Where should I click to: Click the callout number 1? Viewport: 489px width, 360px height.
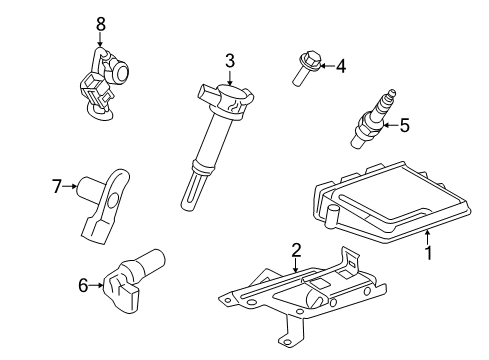(x=429, y=253)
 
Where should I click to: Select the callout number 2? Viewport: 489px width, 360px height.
(x=296, y=250)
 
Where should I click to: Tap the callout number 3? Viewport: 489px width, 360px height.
(x=230, y=61)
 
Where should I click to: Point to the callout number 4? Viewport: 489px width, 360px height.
(x=341, y=66)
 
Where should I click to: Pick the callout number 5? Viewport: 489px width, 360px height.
(x=404, y=126)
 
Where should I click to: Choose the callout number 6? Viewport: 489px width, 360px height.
(x=83, y=285)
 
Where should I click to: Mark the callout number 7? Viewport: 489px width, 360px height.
(x=57, y=186)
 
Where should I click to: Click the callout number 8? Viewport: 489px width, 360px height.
(x=100, y=24)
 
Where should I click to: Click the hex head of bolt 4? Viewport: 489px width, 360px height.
(x=311, y=58)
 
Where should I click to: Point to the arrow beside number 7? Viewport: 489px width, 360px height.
(x=70, y=186)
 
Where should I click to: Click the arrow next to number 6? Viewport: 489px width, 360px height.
(x=97, y=285)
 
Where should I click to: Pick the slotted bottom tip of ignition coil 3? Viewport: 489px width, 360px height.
(x=191, y=191)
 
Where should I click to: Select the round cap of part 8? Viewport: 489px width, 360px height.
(x=121, y=71)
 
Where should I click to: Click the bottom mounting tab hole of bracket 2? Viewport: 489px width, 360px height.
(x=285, y=340)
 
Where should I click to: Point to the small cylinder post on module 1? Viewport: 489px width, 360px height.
(x=332, y=217)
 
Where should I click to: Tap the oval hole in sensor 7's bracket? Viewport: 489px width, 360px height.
(x=113, y=201)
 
